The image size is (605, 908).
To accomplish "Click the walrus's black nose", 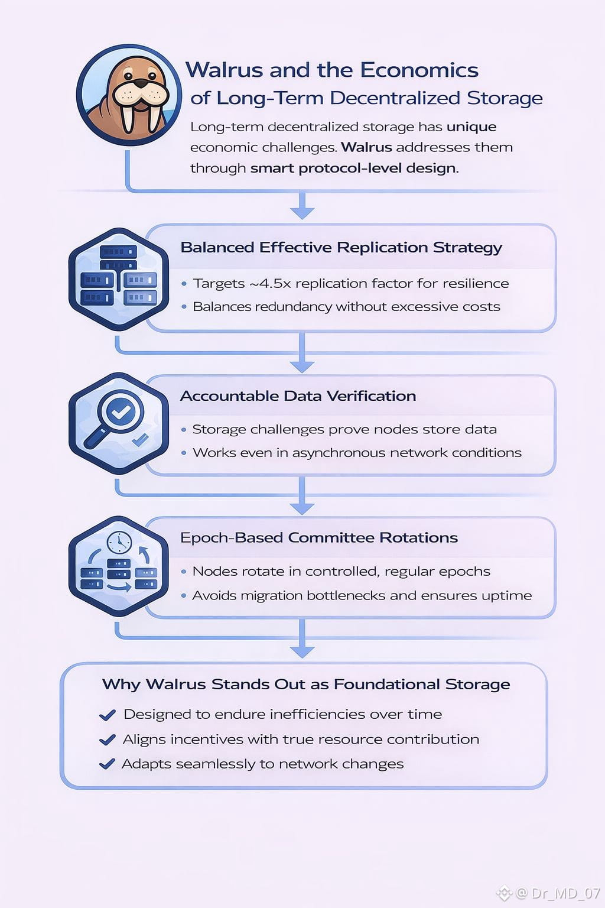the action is point(141,83).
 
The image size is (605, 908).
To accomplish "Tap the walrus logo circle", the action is point(129,95).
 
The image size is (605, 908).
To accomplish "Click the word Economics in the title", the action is point(419,70).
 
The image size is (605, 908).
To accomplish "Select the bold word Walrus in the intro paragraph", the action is point(366,147).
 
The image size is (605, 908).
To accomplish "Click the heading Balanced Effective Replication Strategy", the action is point(341,248).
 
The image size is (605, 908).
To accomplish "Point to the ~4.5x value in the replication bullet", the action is point(270,283).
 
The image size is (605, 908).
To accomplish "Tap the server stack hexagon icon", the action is point(119,279).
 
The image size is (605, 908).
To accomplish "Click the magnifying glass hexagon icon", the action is point(119,424).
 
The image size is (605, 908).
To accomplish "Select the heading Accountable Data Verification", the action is point(298,396).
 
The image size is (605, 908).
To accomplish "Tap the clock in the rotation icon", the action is point(119,543).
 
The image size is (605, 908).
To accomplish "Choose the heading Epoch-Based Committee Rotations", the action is point(319,538).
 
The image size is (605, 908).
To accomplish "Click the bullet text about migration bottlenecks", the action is point(362,595).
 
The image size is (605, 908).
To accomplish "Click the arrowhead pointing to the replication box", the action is point(302,213).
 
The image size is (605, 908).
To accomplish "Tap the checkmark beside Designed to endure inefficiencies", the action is point(108,715).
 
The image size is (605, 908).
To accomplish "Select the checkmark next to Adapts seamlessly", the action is point(107,764).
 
